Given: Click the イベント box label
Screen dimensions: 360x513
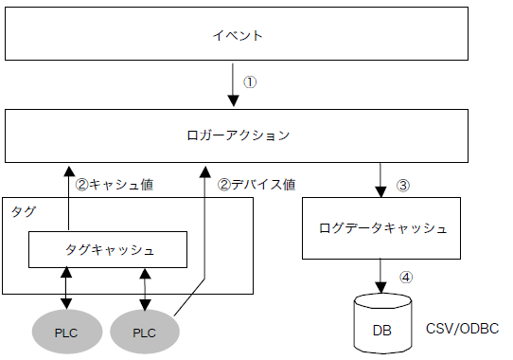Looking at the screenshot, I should coord(237,36).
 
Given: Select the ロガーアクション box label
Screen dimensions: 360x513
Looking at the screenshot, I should coord(237,135).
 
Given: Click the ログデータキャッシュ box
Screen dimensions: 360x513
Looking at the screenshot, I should coord(383,228).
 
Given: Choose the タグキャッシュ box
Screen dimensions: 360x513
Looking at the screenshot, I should coord(109,250).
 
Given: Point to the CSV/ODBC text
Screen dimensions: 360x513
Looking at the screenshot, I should coord(463,328).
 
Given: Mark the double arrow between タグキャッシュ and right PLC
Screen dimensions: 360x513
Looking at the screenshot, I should coord(145,288).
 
